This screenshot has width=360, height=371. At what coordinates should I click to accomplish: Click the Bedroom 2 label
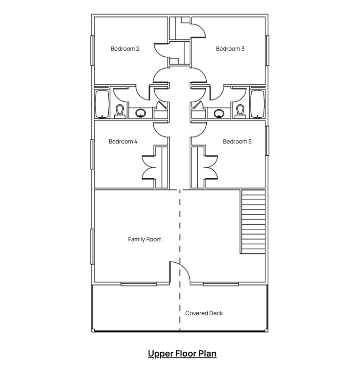point(125,49)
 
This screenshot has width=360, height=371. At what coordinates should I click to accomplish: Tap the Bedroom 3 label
point(230,49)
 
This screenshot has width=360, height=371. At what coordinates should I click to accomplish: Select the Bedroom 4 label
point(123,142)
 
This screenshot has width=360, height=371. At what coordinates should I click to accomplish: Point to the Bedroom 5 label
point(237,142)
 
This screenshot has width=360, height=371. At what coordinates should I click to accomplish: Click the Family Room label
point(145,240)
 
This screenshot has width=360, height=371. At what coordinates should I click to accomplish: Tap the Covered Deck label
point(204,313)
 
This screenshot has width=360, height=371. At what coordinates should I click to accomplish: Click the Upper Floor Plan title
point(182,354)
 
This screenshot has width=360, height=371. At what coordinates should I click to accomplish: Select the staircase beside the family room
point(253,222)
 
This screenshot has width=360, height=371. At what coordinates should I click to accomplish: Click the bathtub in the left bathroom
point(102,104)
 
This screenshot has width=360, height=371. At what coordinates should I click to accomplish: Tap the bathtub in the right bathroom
point(258,104)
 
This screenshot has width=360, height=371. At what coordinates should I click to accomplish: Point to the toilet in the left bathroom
point(120,112)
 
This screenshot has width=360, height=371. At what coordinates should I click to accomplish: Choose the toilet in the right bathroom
point(240,112)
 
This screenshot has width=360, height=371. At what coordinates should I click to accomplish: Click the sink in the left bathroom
point(141,113)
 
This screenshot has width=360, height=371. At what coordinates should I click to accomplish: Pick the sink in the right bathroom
point(219,113)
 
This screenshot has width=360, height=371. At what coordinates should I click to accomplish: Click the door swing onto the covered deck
point(180,272)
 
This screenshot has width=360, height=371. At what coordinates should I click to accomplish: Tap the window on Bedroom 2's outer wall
point(92,50)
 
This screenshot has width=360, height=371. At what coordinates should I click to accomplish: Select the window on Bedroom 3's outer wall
point(267,50)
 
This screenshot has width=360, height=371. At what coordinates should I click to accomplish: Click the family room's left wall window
point(92,246)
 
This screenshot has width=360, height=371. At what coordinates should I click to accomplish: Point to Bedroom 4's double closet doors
point(149,167)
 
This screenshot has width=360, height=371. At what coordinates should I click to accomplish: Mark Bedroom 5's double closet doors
point(211,167)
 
